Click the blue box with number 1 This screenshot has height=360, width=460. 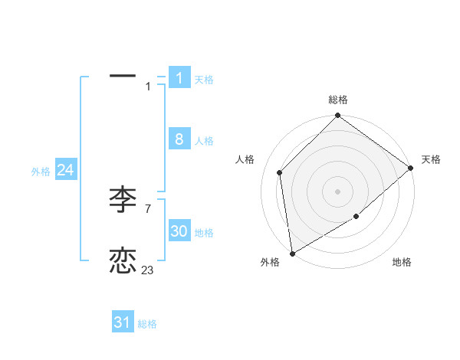pos(179,77)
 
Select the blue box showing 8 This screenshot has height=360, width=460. pos(179,139)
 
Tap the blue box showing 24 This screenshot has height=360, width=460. pos(66,170)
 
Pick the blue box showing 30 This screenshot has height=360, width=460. pos(179,231)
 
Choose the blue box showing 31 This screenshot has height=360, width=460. pos(123,322)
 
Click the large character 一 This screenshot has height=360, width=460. pos(123,77)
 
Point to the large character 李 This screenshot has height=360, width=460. pos(123,200)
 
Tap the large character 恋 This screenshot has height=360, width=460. pos(123,261)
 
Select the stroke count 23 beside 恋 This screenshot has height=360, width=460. pos(147,270)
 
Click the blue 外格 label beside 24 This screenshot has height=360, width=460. pos(41,172)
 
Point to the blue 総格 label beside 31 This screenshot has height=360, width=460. pos(147,324)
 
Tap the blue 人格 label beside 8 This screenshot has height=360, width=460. pos(204,141)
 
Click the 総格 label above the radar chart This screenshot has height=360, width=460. pos(338,100)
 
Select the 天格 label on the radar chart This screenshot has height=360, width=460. pos(431,159)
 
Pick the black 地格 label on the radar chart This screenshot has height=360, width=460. pos(402,262)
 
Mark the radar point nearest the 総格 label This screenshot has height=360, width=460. pos(337,116)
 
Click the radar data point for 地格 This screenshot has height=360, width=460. pos(356,217)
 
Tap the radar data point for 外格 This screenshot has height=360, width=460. pos(292,254)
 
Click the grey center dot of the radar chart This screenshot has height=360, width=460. pos(337,191)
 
